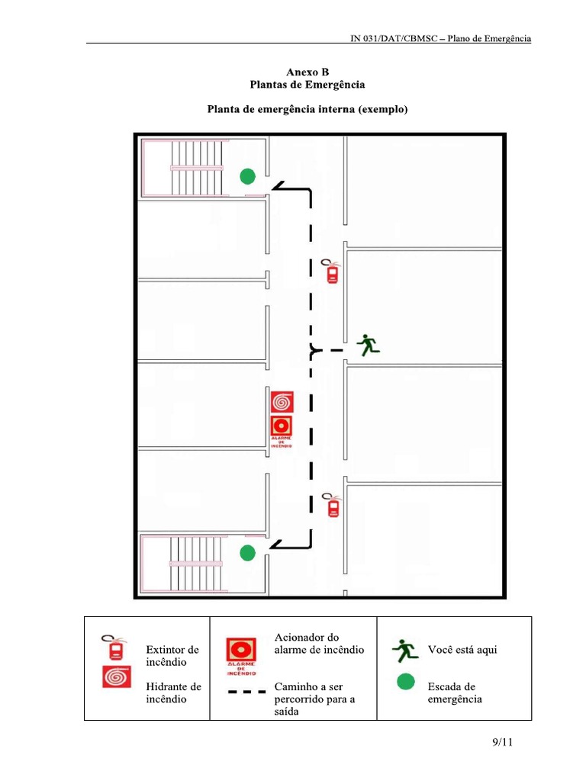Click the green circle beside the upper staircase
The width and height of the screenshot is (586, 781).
pos(246,177)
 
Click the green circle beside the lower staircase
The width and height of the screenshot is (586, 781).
pos(246,553)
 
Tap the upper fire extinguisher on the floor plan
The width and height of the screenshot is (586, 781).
pos(332,272)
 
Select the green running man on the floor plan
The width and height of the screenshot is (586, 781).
pos(369,345)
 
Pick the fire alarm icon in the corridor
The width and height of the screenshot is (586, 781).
pos(282,429)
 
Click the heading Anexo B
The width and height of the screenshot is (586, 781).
pos(307,72)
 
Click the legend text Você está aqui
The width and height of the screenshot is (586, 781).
pos(462,650)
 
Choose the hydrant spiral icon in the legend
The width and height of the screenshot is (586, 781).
pos(115,677)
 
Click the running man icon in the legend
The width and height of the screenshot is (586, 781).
pos(405,651)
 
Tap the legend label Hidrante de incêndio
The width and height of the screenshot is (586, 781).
pos(173,693)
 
